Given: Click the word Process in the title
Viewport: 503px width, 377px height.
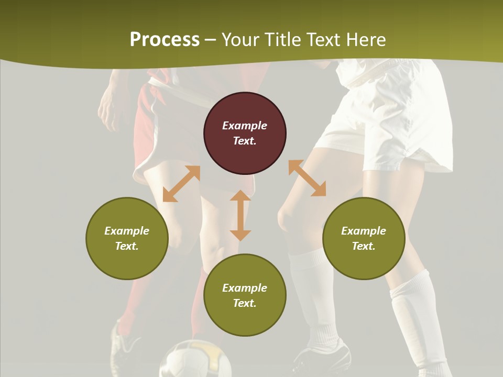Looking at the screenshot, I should pyautogui.click(x=165, y=40).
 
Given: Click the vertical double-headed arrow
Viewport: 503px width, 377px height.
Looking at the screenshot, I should pyautogui.click(x=240, y=215).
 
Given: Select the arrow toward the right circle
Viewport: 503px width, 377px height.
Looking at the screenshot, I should pyautogui.click(x=307, y=179).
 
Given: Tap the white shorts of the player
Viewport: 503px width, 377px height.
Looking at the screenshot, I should pyautogui.click(x=388, y=120).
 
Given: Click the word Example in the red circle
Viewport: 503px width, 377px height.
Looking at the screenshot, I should pyautogui.click(x=245, y=126).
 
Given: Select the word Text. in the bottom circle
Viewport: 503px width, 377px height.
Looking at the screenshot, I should pyautogui.click(x=245, y=303).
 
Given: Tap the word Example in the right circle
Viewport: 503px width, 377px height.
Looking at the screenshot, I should pyautogui.click(x=364, y=231).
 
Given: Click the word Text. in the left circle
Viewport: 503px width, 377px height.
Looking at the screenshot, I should pyautogui.click(x=127, y=246).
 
